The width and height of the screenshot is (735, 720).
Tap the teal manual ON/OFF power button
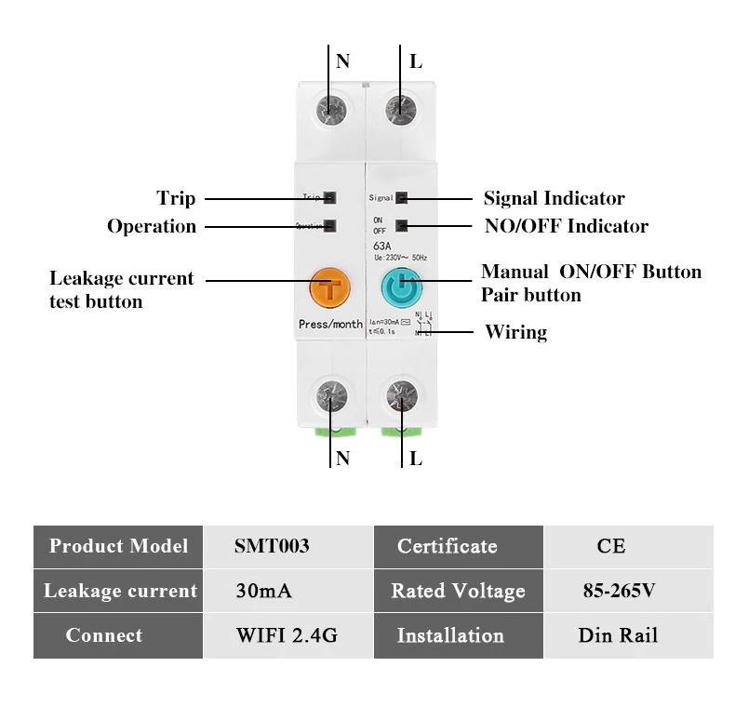(x=400, y=290)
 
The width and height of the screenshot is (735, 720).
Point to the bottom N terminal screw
(x=330, y=395)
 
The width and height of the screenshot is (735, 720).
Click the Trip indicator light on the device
(x=330, y=197)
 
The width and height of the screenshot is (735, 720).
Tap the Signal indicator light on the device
(x=401, y=197)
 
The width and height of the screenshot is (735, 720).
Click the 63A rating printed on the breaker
(x=383, y=246)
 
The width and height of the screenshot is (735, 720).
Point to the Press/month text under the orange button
(x=330, y=325)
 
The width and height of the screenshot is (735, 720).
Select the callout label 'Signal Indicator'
(x=554, y=198)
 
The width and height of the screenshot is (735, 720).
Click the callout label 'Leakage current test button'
(x=121, y=289)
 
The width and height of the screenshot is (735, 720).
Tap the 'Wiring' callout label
(x=515, y=332)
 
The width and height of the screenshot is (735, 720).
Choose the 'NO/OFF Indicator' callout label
(x=566, y=226)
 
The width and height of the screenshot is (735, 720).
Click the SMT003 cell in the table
(x=272, y=546)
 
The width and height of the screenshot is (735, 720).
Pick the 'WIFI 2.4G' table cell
(x=286, y=636)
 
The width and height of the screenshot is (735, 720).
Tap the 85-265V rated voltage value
(x=618, y=591)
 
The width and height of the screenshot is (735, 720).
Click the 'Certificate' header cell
(x=448, y=546)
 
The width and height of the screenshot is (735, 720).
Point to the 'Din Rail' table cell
(x=618, y=636)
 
